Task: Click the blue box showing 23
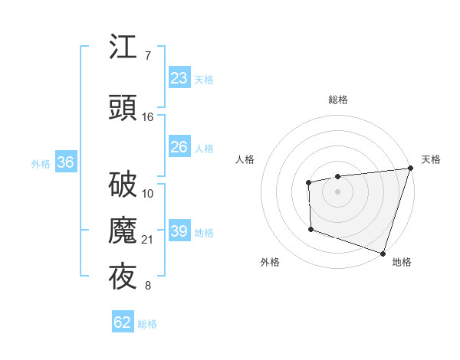coord(179,78)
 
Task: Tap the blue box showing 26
coord(179,147)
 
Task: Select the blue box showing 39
coord(179,231)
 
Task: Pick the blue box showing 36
coord(65,162)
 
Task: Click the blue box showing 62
coord(123,322)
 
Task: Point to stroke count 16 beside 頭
coord(148,117)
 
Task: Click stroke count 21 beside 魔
coord(148,240)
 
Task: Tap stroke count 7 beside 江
coord(147,55)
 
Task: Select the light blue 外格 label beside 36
coord(41,163)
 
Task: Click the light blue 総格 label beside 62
coord(147,324)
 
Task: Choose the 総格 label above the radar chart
coord(338,100)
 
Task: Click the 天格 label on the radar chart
coord(431,159)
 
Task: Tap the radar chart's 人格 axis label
coord(245,159)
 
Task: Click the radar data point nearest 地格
coord(383,253)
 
